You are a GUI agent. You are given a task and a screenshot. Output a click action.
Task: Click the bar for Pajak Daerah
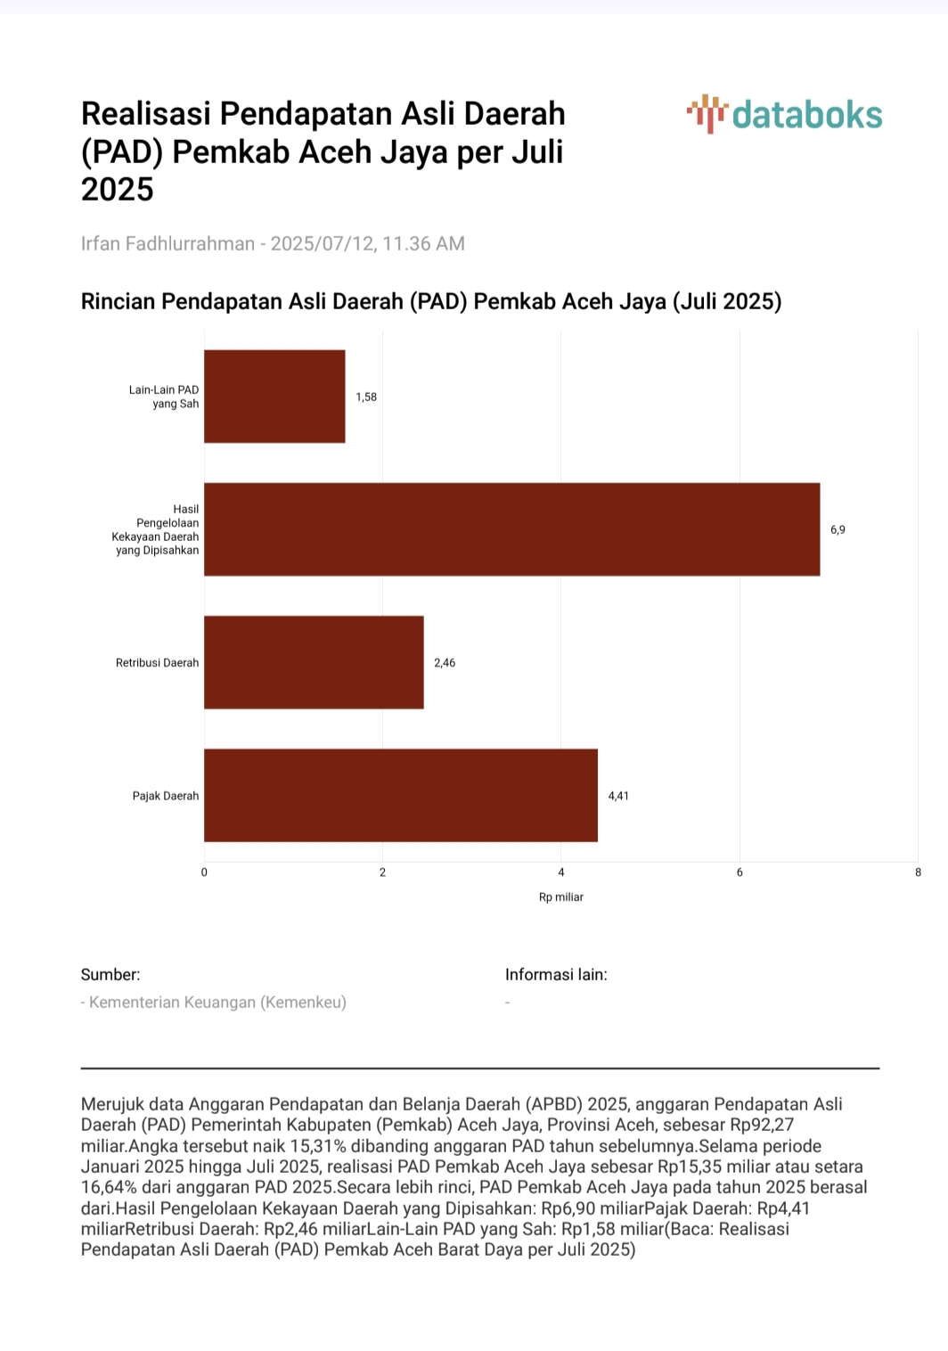[x=400, y=795]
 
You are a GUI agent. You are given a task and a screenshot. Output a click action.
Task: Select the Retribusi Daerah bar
[x=314, y=662]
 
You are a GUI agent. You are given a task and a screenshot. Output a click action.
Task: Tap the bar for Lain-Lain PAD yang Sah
[x=274, y=397]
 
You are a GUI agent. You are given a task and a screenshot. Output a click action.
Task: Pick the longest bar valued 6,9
[x=512, y=529]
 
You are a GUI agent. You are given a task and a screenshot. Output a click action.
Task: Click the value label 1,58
[x=366, y=397]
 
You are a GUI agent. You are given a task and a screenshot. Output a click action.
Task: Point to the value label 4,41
[x=618, y=796]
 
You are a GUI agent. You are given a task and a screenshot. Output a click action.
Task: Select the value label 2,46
[x=445, y=663]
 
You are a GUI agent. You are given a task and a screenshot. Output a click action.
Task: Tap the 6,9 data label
[x=838, y=529]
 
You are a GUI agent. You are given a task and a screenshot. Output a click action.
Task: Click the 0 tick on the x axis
[x=204, y=872]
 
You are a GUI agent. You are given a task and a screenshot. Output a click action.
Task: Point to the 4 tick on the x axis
[x=560, y=872]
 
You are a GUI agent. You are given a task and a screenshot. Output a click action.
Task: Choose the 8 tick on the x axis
[x=918, y=872]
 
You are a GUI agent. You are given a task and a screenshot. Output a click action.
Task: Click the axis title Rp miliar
[x=560, y=897]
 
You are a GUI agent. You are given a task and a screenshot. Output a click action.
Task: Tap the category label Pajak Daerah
[x=165, y=796]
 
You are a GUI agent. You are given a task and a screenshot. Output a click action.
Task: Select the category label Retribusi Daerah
[x=157, y=663]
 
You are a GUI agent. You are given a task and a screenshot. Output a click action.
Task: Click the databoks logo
[x=784, y=114]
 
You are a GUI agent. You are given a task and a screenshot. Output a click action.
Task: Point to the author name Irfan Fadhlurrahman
[x=168, y=243]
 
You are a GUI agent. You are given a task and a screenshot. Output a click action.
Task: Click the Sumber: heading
[x=110, y=975]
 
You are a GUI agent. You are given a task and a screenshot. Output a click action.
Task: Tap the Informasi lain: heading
[x=556, y=975]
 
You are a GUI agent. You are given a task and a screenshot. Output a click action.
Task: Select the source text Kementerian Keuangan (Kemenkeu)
[x=217, y=1003]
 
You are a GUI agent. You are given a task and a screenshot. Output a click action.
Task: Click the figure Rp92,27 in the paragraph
[x=762, y=1125]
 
